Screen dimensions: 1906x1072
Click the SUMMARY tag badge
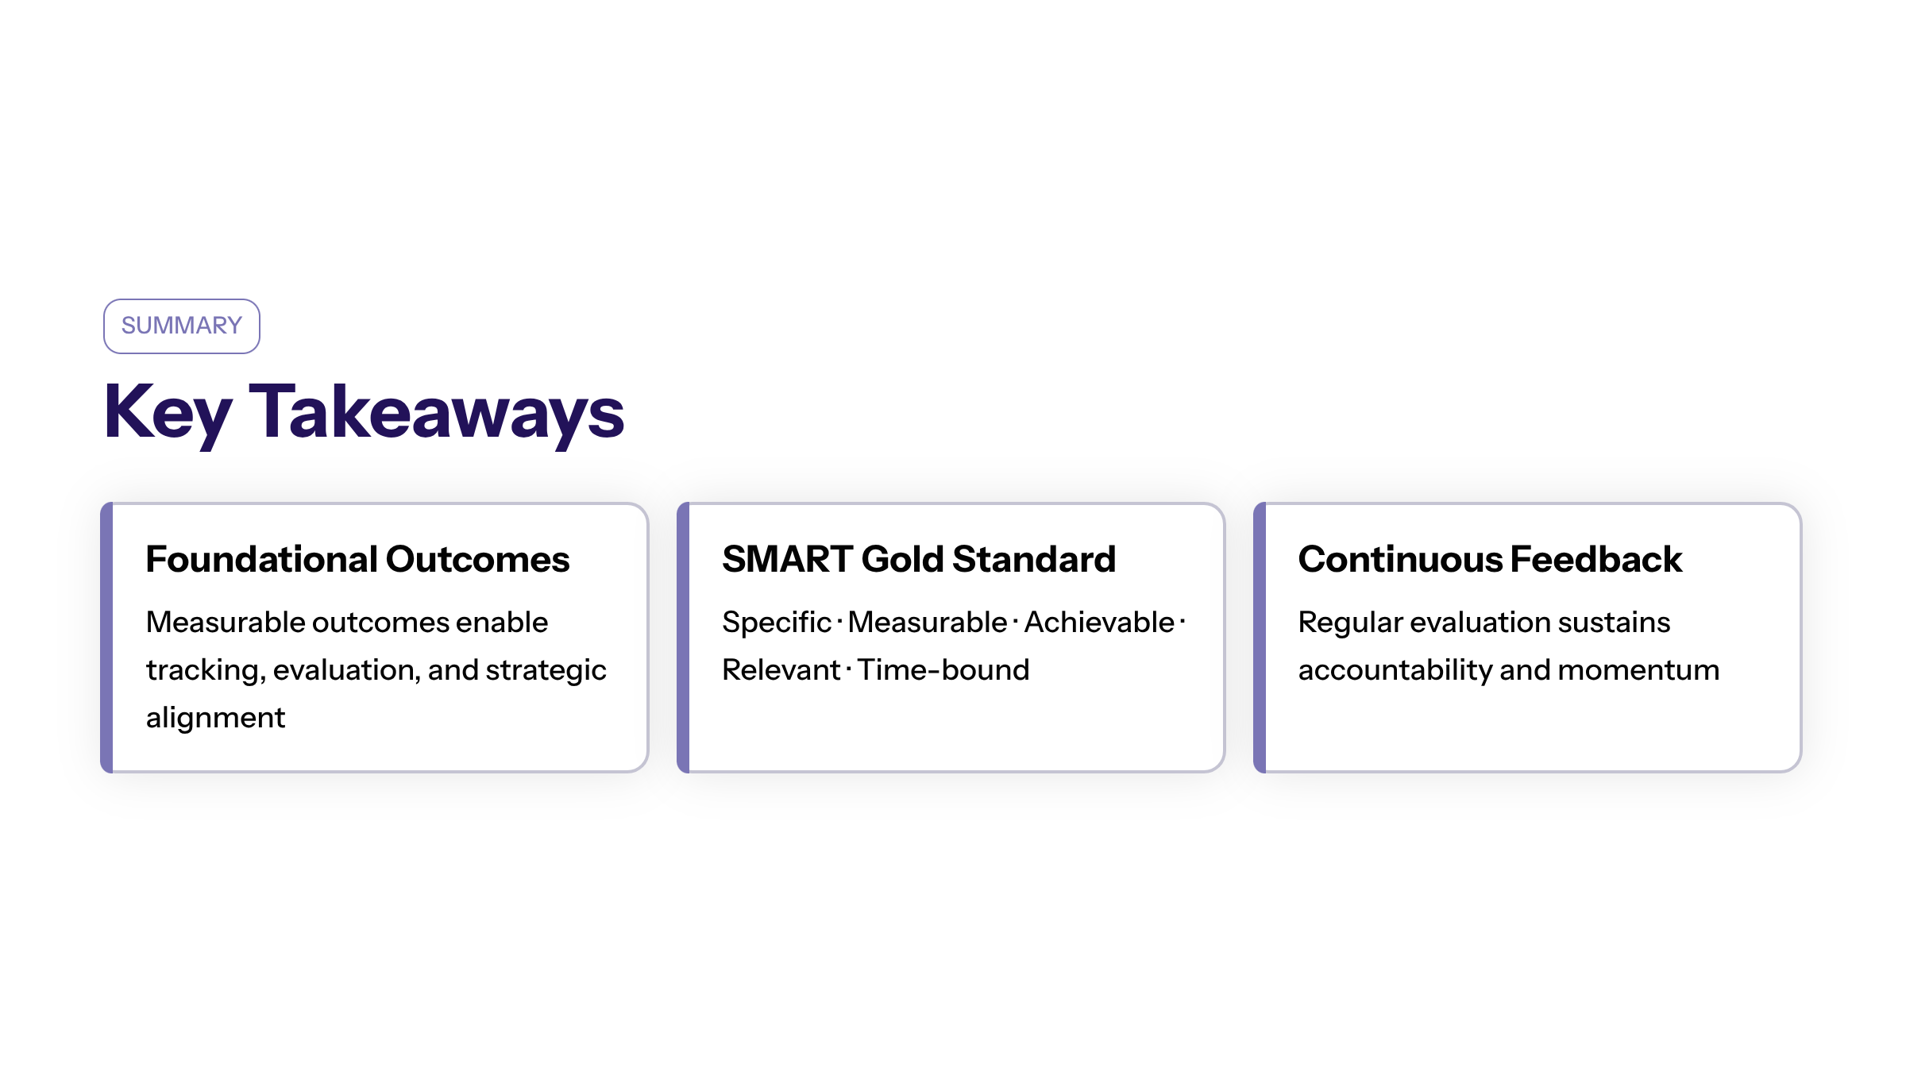[182, 326]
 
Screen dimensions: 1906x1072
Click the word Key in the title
[168, 413]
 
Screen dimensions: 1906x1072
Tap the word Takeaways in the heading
[437, 413]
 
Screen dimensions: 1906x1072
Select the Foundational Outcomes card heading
[357, 559]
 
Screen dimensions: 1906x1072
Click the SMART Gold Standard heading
[919, 559]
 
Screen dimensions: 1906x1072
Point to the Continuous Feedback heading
[1490, 559]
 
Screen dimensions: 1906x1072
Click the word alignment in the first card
[215, 718]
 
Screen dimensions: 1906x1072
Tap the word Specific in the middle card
[776, 623]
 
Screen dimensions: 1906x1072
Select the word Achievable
[1099, 623]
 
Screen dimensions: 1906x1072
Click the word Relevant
[781, 670]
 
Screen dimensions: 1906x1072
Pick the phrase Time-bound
[943, 670]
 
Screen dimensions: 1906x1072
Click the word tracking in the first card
[205, 670]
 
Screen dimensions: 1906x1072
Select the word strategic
[546, 670]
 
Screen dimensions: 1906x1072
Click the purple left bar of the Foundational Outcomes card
[107, 637]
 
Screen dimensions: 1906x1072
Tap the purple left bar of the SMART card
[683, 637]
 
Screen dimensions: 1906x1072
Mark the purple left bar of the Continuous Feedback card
[1260, 637]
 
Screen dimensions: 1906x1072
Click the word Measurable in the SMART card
[928, 623]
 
